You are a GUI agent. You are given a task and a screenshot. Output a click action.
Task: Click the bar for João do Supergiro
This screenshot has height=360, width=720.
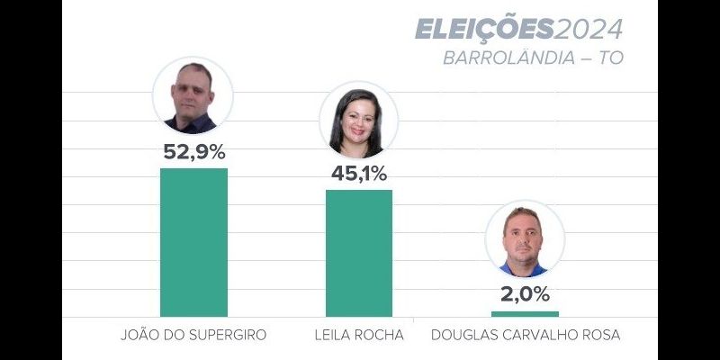click(x=193, y=242)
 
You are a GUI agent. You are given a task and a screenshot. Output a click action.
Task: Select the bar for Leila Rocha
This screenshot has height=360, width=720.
click(x=359, y=253)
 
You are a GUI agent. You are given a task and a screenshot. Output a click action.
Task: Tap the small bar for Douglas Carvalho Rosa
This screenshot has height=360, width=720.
click(x=525, y=314)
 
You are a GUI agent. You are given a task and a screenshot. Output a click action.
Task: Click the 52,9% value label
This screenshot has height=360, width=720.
click(x=193, y=152)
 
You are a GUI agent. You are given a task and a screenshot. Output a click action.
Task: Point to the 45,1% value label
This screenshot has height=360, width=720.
click(x=359, y=174)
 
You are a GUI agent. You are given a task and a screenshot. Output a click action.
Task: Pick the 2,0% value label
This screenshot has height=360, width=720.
click(x=525, y=294)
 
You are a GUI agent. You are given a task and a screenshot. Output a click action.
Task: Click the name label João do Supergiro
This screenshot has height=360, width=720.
click(x=193, y=336)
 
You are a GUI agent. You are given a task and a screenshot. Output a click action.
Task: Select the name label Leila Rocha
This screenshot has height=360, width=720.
click(x=359, y=336)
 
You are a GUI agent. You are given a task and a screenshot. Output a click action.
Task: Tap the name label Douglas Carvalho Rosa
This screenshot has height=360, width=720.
click(x=526, y=336)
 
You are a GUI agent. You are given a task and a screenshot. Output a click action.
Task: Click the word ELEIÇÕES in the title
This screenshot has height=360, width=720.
click(x=483, y=30)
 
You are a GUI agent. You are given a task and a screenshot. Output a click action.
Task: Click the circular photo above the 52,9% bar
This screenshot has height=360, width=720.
click(x=193, y=96)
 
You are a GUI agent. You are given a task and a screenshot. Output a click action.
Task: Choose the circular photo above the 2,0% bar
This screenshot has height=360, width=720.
click(x=525, y=240)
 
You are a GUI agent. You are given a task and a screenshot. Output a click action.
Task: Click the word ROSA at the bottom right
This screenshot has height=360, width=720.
click(x=600, y=336)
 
